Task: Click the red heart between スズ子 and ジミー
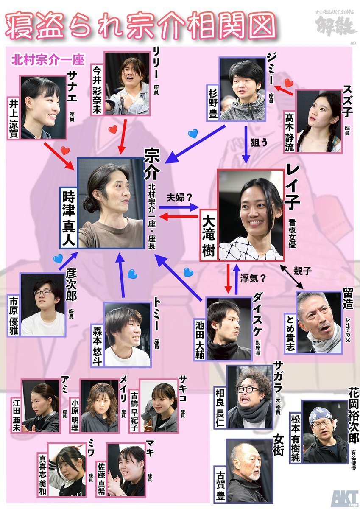[289, 82]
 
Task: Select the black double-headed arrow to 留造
[292, 278]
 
